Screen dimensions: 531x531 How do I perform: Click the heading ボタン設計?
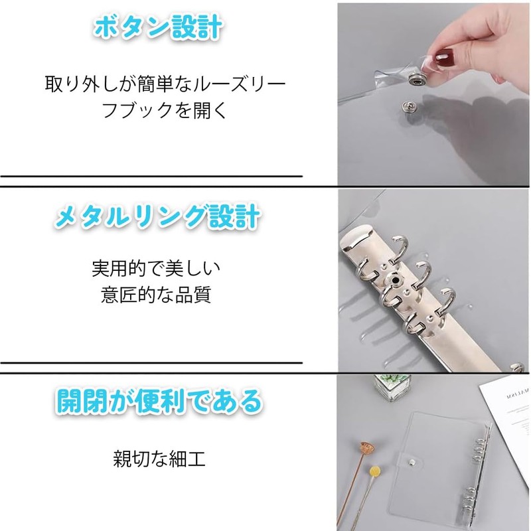point(157,28)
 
